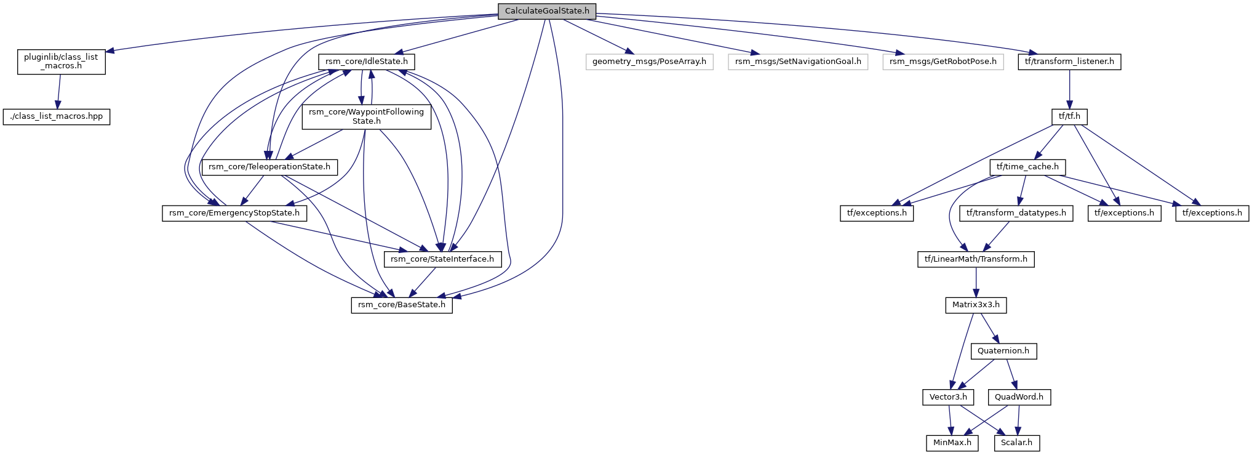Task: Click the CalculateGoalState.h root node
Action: coord(547,11)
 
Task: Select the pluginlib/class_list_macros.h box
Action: coord(61,62)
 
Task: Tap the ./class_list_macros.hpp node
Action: coord(57,116)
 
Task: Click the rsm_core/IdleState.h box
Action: coord(366,62)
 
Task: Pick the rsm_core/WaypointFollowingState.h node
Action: coord(366,116)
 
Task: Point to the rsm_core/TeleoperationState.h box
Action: coord(269,167)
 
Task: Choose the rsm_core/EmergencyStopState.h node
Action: coord(234,213)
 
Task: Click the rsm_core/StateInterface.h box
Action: coord(442,259)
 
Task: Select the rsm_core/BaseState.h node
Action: coord(402,305)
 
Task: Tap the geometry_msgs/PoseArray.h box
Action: coord(649,62)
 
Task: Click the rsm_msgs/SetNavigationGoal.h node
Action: coord(798,62)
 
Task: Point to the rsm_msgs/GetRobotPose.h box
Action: coord(943,62)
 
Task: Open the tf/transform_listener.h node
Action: coord(1069,62)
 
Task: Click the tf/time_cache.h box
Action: coord(1027,167)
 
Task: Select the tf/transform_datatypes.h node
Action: coord(1016,213)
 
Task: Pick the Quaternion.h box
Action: coord(1003,351)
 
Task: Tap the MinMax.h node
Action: coord(952,443)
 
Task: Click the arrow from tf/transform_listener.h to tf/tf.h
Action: coord(1069,89)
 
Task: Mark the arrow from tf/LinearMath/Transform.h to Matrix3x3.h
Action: coord(976,282)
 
